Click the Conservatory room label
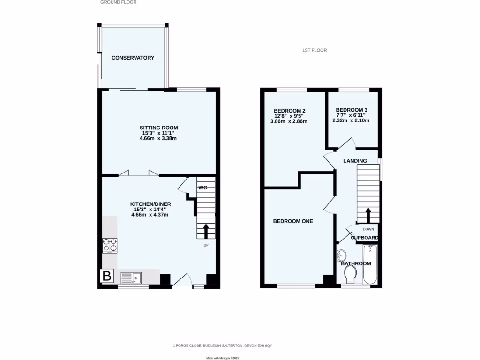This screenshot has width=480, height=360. point(133,58)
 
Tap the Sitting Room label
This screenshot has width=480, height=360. point(158,127)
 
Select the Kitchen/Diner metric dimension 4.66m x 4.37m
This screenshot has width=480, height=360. point(150,215)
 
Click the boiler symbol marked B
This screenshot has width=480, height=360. point(107,277)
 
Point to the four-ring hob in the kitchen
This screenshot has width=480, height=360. point(110,246)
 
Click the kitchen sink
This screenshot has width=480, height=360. point(132,278)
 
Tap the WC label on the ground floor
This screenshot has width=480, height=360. point(202,187)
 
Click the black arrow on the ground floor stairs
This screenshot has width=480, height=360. point(205,231)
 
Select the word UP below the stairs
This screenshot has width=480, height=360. point(205,245)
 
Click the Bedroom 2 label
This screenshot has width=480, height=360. point(290,111)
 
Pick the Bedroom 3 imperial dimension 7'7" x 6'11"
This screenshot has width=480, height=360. point(351,115)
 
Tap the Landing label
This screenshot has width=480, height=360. point(355,161)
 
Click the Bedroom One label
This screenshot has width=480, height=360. point(293,221)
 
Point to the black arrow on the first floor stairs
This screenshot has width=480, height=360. point(368,216)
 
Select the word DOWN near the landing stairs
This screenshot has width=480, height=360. point(368,229)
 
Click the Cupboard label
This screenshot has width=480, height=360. point(364,238)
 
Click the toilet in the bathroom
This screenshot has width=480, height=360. point(350,278)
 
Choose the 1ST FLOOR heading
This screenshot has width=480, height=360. point(314,50)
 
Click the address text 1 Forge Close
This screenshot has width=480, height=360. point(222,345)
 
